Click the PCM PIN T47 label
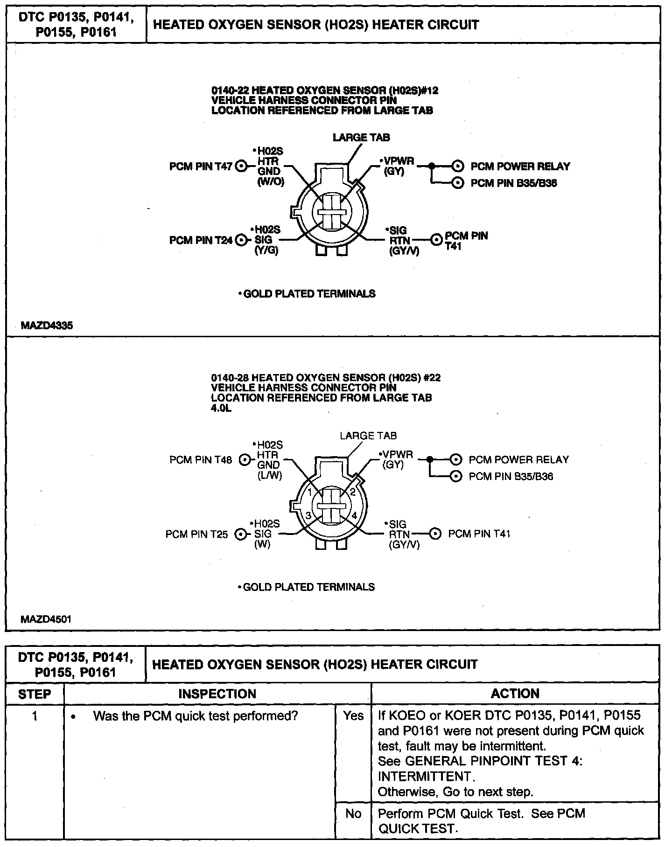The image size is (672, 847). (201, 167)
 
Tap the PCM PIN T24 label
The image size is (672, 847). (201, 240)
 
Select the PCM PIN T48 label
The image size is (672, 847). (201, 460)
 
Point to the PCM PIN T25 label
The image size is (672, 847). (197, 534)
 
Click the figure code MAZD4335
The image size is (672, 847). (47, 326)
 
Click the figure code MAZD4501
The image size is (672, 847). (46, 619)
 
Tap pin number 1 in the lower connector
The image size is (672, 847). (309, 493)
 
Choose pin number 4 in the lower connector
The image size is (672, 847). (354, 516)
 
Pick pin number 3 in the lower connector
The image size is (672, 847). (308, 516)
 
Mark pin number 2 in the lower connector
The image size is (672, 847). (353, 492)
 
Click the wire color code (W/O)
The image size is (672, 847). (271, 182)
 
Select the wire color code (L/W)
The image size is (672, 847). (269, 475)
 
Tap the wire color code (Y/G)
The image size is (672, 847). (267, 250)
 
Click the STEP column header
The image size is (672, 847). (35, 694)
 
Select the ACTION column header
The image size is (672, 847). (515, 694)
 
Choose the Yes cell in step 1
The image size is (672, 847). (353, 715)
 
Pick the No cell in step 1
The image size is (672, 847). (353, 813)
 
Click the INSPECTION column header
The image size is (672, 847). (217, 694)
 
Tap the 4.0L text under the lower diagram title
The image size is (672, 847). (221, 409)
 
